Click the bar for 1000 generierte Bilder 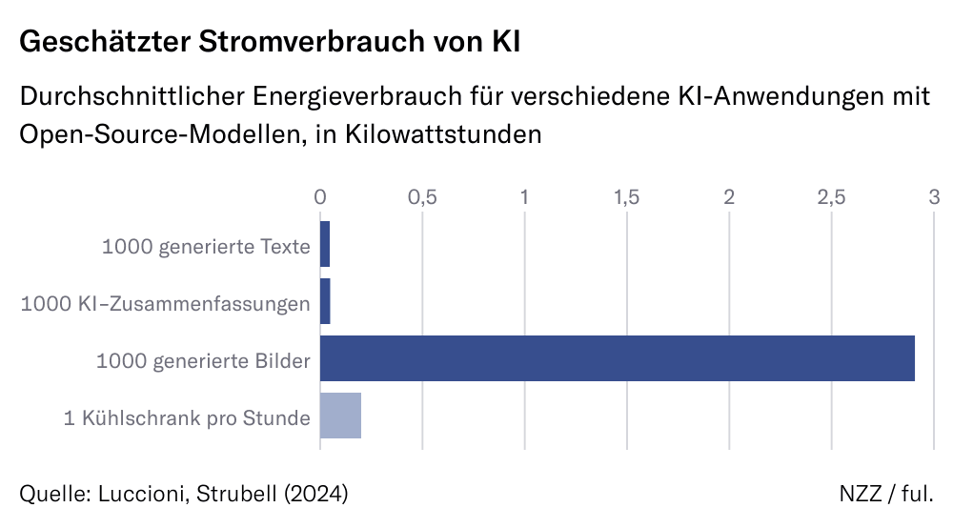(617, 359)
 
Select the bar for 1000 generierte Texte (325, 245)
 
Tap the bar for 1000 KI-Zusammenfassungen (325, 302)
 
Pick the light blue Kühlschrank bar (340, 416)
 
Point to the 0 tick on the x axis (320, 197)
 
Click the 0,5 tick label (422, 197)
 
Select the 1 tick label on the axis (524, 197)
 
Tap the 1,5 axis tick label (626, 197)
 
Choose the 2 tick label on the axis (729, 197)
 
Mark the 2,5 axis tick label (831, 197)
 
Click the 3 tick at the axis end (934, 197)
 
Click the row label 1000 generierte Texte (206, 247)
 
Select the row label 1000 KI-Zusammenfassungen (166, 304)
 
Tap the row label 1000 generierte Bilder (203, 361)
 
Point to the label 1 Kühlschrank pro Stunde (187, 418)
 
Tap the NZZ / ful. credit (886, 494)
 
